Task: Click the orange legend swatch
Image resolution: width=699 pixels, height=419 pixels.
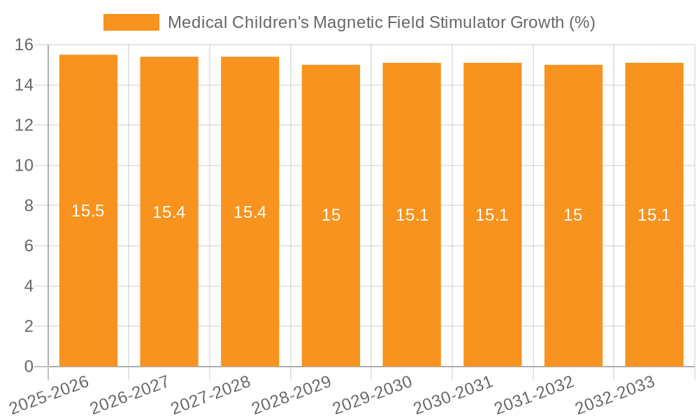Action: click(x=131, y=22)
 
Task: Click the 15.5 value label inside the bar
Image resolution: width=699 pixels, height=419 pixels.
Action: click(x=88, y=211)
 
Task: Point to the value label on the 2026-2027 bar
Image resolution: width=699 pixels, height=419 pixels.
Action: click(x=169, y=212)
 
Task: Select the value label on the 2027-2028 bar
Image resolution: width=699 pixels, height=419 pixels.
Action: click(x=250, y=212)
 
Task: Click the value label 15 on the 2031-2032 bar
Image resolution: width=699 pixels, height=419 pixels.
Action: click(x=573, y=215)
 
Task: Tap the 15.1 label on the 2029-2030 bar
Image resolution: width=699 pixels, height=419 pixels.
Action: click(x=412, y=215)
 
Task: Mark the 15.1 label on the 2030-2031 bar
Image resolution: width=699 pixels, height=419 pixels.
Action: click(x=492, y=215)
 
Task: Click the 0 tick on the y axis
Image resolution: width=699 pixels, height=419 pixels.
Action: click(x=29, y=367)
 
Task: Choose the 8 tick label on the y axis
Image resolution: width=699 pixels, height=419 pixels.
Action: click(x=29, y=206)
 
